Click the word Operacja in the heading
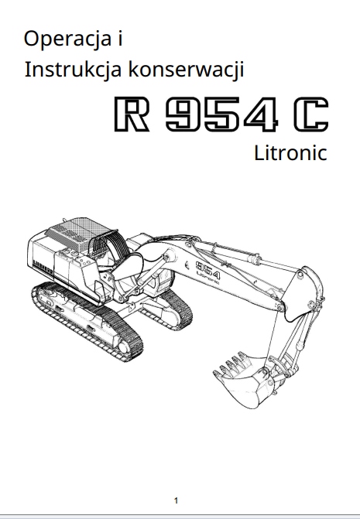[67, 39]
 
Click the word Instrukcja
[73, 70]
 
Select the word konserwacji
[186, 70]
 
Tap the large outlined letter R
[131, 114]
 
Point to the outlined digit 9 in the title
[183, 114]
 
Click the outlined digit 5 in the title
[221, 114]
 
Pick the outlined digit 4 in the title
[260, 114]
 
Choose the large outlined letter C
[310, 114]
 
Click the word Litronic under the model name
[290, 153]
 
